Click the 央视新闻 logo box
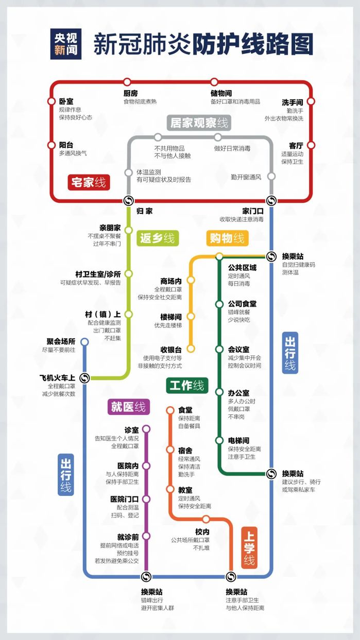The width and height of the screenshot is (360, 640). tap(66, 44)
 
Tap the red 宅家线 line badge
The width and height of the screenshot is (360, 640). tap(89, 182)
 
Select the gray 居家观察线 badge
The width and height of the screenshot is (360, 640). tap(199, 123)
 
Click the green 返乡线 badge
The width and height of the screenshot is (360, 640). tap(158, 238)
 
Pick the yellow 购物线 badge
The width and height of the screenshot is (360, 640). tap(227, 238)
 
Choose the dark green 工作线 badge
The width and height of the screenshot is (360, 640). tap(187, 386)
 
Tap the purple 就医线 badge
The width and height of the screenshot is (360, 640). tap(129, 407)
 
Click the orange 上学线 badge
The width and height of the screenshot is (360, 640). tap(249, 548)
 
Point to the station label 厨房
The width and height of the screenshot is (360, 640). tap(131, 93)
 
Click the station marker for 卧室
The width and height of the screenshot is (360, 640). tap(51, 101)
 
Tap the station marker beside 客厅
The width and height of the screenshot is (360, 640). tap(311, 145)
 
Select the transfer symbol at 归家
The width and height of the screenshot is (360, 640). tap(129, 201)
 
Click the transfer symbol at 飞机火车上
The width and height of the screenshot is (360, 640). tap(84, 378)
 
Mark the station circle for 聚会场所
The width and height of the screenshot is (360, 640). tap(84, 342)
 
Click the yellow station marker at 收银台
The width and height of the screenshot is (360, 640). tap(191, 349)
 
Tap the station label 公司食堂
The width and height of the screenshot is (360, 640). tap(242, 304)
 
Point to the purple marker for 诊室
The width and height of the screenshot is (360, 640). tap(146, 429)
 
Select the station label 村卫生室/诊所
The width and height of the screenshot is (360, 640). tap(98, 274)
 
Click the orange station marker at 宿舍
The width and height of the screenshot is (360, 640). tap(170, 449)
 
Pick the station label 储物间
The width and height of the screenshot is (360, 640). tap(221, 93)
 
